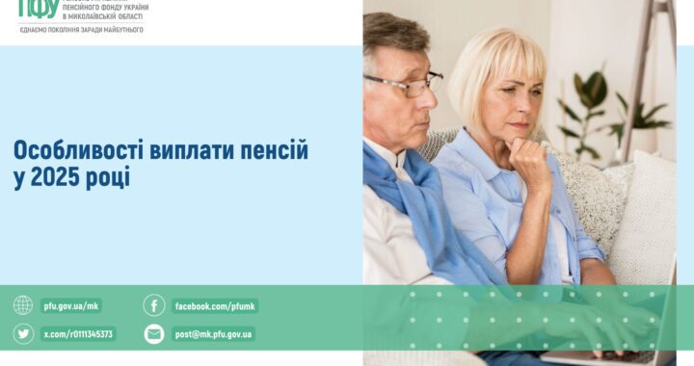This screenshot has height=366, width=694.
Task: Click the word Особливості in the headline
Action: (x=68, y=151)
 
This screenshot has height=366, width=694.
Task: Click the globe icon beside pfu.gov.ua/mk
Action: (x=23, y=305)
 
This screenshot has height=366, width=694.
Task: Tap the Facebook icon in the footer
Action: (x=154, y=305)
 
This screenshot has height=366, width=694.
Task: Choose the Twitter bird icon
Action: (x=23, y=334)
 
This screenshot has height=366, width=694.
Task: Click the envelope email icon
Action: (x=154, y=334)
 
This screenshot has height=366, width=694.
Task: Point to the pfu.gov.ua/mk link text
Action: (x=71, y=306)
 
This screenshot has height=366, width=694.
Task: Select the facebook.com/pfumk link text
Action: (x=215, y=306)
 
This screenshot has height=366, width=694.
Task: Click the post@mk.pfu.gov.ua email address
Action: (x=214, y=334)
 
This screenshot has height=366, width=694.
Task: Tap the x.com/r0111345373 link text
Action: (x=78, y=334)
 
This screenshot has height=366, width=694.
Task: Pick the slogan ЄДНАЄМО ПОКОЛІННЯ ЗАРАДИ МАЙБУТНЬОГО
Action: (x=81, y=30)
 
